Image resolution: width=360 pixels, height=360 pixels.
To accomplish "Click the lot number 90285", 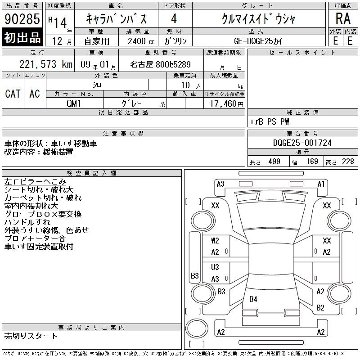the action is point(22,18).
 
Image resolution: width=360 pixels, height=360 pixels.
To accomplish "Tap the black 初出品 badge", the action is point(22,37).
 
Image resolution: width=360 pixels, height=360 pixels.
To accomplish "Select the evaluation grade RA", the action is point(343,18).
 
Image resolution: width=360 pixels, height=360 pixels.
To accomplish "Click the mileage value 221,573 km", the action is point(46,64).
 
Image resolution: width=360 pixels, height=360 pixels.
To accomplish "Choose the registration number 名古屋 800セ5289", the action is point(161,64).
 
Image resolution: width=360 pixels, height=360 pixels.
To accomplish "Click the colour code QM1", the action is point(74,103).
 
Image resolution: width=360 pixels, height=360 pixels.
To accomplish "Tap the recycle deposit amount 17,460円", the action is point(226,104).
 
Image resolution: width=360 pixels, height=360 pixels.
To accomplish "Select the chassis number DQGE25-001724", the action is point(302,143).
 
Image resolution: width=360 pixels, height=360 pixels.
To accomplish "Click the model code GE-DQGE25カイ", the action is point(258,41).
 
